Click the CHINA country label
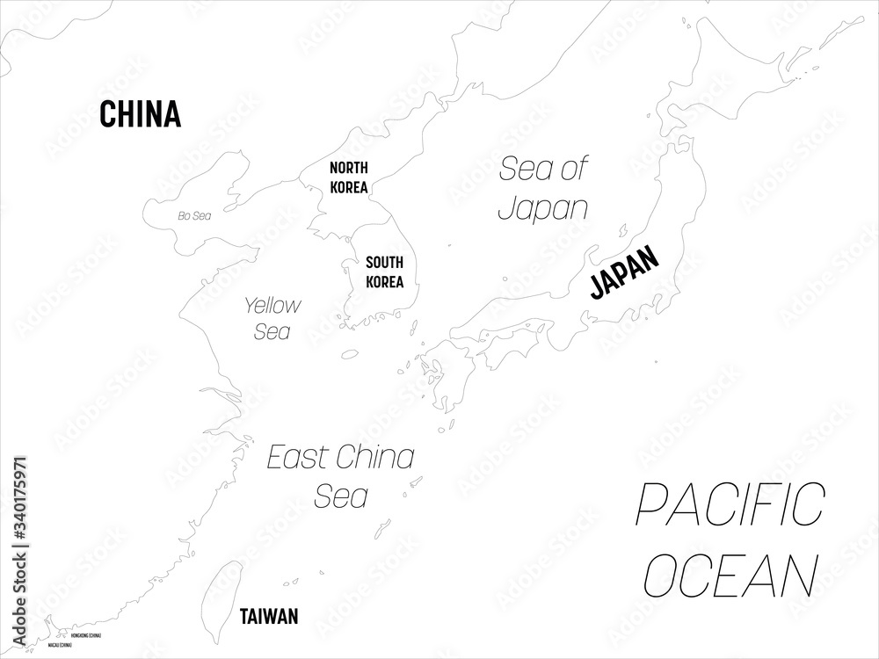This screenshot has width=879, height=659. pos(141,114)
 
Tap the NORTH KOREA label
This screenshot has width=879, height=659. pos(349,177)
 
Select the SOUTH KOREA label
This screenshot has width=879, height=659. pos(385,272)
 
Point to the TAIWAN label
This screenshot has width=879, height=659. pos(269,616)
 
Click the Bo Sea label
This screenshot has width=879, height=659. pos(194,215)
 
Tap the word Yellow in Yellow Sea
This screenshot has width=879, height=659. pos(272,306)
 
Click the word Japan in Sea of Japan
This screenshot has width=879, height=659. pos(543,208)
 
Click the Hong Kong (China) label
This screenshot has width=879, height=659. pos(85,634)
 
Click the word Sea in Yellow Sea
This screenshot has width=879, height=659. pos(272,333)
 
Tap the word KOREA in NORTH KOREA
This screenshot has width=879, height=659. pos(349,187)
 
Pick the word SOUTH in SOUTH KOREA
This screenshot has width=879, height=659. pos(385,262)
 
